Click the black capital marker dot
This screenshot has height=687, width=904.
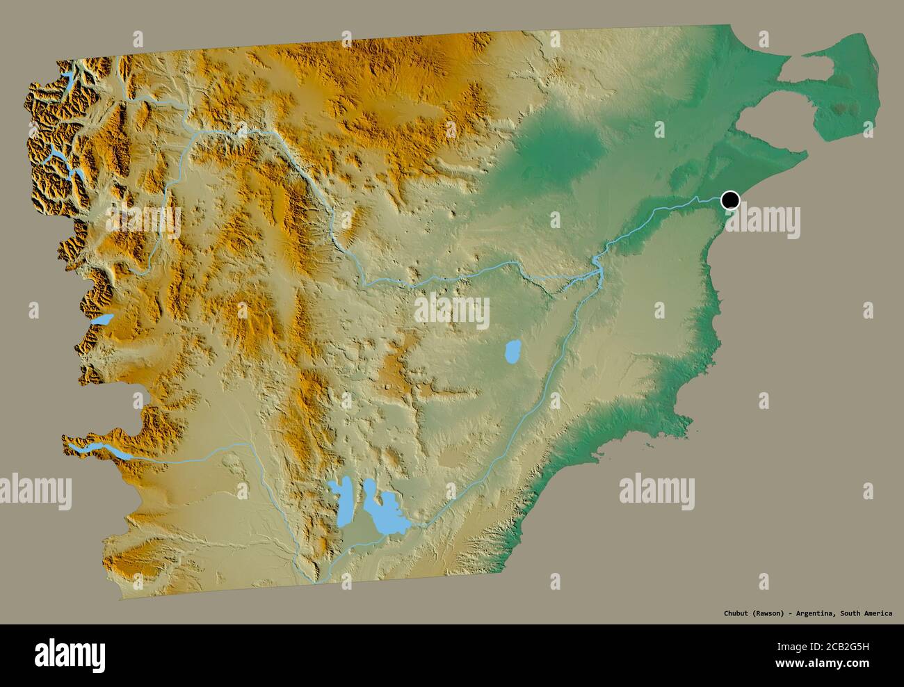730,200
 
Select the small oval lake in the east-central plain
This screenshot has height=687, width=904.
512,352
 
